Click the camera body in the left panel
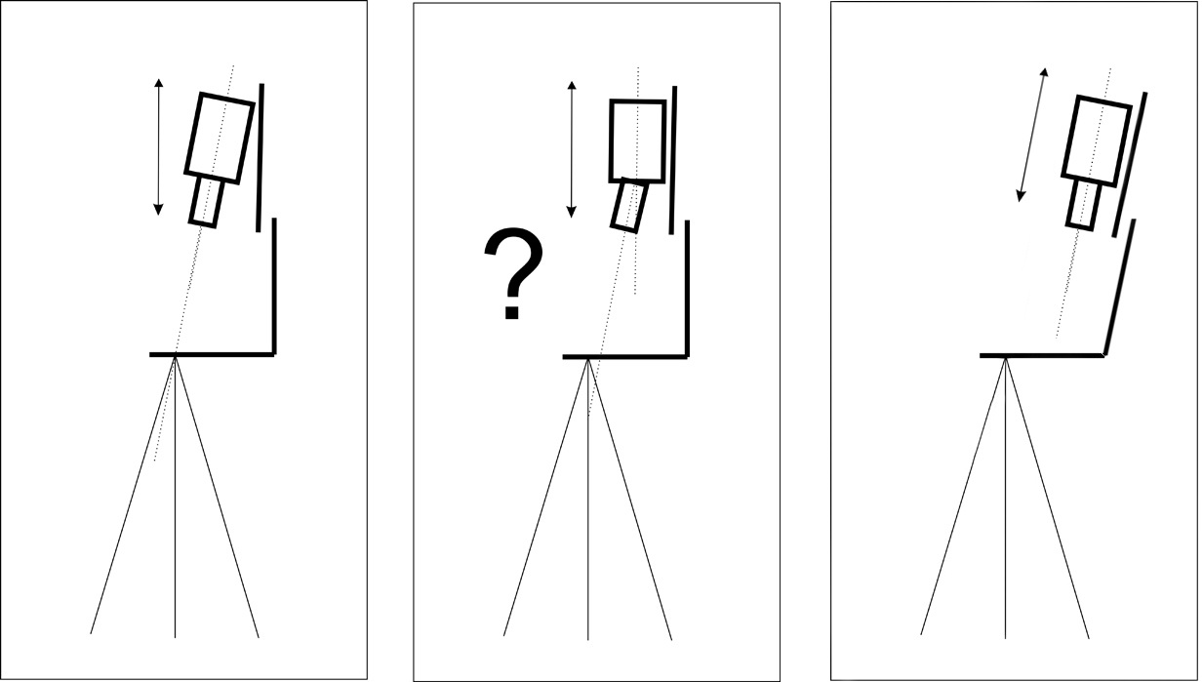pos(220,138)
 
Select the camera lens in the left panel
pos(206,202)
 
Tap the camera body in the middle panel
pos(637,141)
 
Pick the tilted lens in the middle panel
pos(629,205)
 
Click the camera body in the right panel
pos(1098,141)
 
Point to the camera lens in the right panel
pos(1083,205)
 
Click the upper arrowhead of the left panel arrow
pos(158,82)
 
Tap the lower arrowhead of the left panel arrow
pos(158,211)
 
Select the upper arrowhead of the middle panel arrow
pos(572,85)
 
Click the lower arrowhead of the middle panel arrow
pos(572,214)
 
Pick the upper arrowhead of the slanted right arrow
pos(1045,72)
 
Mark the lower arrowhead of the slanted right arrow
pos(1020,197)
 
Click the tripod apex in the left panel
pos(175,356)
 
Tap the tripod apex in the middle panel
pos(588,359)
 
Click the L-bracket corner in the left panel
pos(274,354)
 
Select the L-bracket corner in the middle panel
pos(687,356)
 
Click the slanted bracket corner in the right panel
pos(1104,354)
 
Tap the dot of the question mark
pos(512,312)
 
